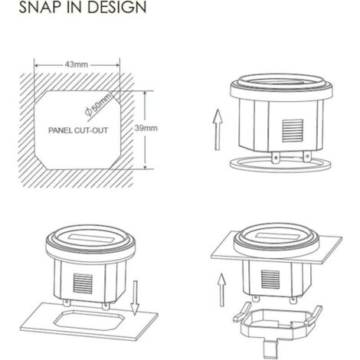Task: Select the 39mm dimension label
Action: click(146, 128)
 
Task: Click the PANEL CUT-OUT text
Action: click(78, 130)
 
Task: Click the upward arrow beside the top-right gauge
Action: click(218, 129)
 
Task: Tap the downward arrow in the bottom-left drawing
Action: click(135, 298)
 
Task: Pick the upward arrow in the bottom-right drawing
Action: click(222, 290)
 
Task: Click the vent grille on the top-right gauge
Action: click(293, 130)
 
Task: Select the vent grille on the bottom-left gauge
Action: click(83, 283)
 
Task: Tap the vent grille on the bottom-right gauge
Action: click(270, 280)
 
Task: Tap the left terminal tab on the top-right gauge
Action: click(275, 158)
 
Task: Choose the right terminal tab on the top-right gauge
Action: click(307, 156)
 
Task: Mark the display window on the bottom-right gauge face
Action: click(276, 236)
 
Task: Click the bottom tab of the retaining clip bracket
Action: click(270, 349)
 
